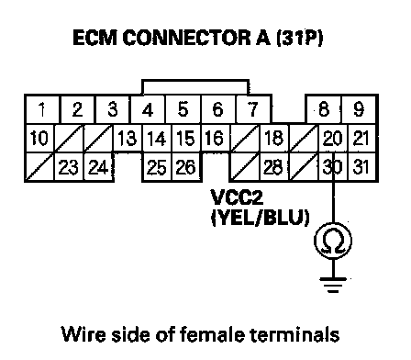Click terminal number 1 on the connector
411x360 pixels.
[41, 109]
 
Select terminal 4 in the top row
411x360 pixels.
[148, 109]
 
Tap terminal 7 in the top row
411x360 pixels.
[253, 109]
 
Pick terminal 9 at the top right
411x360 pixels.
[359, 109]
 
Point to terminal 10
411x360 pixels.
[39, 138]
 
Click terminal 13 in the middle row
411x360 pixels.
[128, 138]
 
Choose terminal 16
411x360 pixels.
[215, 138]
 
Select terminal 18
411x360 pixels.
[273, 138]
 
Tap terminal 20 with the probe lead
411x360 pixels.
[332, 138]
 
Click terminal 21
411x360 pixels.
[361, 138]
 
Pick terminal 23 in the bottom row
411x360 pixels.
[69, 167]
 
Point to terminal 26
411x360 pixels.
[186, 167]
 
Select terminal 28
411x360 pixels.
[273, 167]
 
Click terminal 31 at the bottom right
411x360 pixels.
[361, 167]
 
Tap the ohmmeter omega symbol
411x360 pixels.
[333, 241]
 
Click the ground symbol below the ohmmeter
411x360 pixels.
[333, 285]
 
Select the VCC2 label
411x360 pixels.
[238, 197]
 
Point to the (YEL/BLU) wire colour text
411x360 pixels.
[261, 218]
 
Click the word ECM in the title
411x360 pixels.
[95, 38]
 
